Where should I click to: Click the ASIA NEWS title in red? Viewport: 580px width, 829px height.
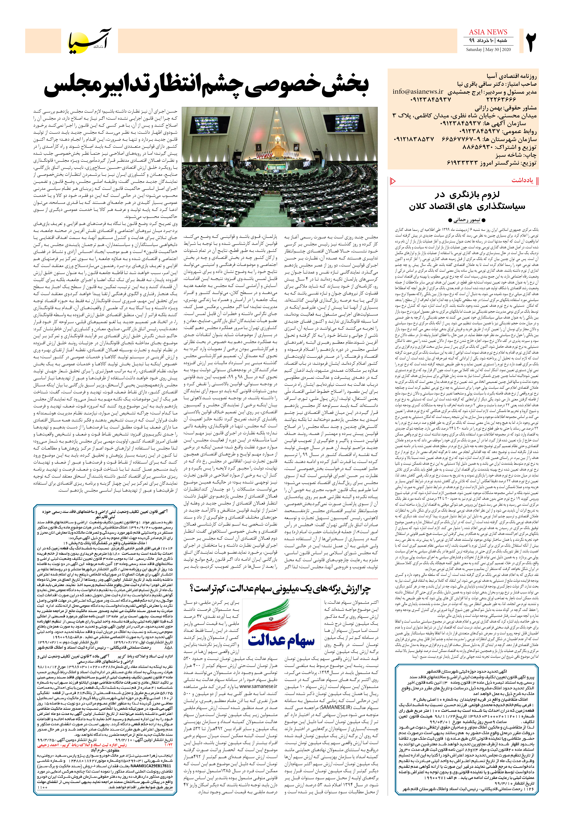(488, 32)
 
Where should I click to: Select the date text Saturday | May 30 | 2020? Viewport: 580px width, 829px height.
(488, 49)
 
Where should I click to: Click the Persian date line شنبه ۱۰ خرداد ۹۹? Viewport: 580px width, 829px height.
(488, 40)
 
